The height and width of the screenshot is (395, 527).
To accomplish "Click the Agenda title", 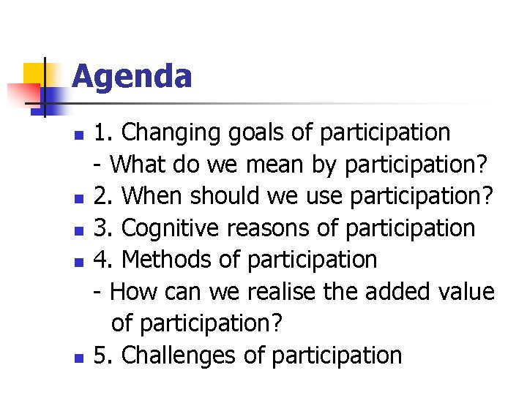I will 132,76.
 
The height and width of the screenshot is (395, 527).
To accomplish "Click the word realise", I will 280,292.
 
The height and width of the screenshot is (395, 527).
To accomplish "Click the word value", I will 467,292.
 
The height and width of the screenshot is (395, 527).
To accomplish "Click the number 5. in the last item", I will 104,355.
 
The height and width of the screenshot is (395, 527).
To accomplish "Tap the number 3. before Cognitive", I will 104,228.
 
